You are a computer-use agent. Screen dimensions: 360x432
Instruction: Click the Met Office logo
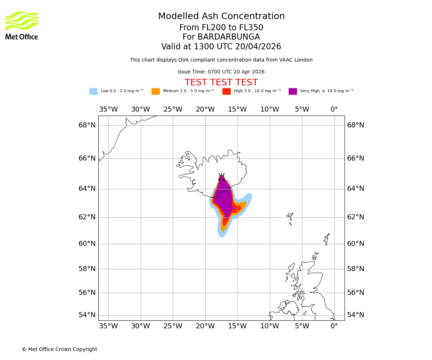22,25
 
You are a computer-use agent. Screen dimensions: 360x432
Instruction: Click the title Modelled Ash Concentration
221,17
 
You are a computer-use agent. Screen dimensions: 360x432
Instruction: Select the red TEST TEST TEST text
221,83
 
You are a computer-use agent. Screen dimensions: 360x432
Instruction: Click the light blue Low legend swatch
93,91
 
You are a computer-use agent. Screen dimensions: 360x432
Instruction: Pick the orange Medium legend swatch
156,91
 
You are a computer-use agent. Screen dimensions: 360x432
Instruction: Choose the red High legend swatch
226,91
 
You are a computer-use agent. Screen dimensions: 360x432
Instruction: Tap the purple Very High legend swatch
293,91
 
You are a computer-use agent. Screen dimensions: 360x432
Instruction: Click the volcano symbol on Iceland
221,177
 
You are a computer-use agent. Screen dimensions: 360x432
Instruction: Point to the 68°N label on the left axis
87,125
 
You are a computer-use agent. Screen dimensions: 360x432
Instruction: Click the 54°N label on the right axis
355,315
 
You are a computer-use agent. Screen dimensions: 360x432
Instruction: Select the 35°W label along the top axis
108,109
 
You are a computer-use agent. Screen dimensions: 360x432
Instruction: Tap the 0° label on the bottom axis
334,326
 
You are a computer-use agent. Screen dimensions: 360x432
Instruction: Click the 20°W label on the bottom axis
205,326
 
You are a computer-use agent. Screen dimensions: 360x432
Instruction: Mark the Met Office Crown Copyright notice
59,349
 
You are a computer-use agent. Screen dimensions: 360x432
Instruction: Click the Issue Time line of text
221,72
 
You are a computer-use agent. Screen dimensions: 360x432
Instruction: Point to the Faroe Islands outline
290,218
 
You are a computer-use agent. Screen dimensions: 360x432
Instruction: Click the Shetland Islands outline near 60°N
327,239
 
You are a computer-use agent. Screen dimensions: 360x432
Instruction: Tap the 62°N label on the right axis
355,217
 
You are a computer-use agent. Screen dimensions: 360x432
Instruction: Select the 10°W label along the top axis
270,109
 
